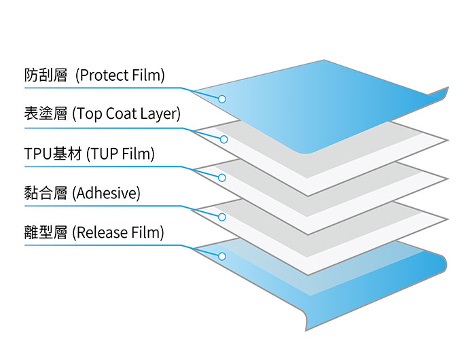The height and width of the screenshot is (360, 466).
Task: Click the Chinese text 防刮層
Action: pos(46,75)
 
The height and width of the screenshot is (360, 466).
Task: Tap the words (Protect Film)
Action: pos(120,75)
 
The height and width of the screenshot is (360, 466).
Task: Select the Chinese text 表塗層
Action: pos(46,113)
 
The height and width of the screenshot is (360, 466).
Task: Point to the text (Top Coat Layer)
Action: pos(126,113)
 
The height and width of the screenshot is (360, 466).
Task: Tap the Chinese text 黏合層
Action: pos(46,193)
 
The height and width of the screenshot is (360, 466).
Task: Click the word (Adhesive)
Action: pos(107,193)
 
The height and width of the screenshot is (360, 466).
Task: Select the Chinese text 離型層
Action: pos(46,233)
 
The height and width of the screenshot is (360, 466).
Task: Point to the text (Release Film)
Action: pos(119,233)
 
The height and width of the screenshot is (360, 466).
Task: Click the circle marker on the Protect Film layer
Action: pos(221,99)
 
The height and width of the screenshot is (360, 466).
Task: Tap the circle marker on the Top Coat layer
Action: pos(222,139)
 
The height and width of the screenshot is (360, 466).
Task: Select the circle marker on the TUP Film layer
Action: pos(221,178)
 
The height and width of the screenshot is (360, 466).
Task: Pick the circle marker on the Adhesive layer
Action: pos(221,217)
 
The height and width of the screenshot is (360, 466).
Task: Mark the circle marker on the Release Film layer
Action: pos(221,257)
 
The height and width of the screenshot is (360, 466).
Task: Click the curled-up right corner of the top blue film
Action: pos(438,94)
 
